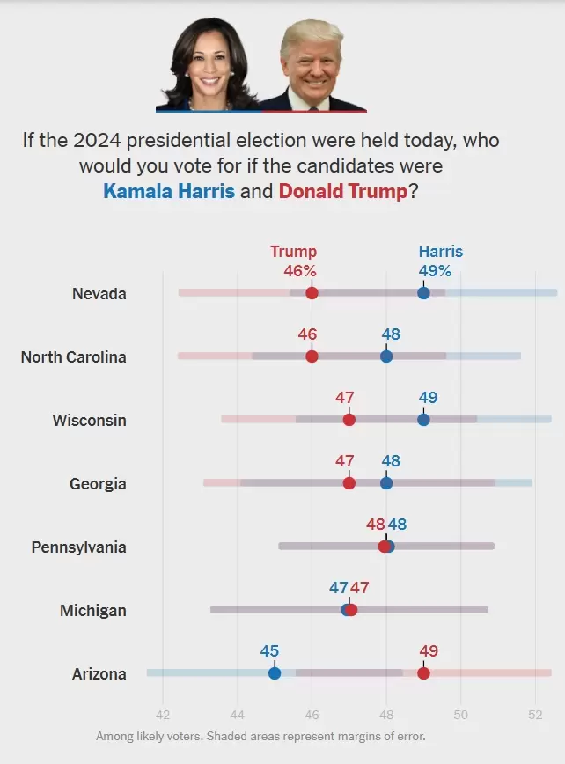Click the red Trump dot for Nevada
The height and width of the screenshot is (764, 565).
pyautogui.click(x=312, y=293)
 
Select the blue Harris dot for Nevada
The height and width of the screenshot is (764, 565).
pyautogui.click(x=423, y=293)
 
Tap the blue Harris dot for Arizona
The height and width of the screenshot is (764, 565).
pyautogui.click(x=275, y=672)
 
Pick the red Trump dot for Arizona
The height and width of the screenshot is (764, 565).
pyautogui.click(x=423, y=672)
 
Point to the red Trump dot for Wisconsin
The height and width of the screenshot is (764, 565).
pyautogui.click(x=349, y=420)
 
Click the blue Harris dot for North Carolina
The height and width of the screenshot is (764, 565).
pyautogui.click(x=386, y=356)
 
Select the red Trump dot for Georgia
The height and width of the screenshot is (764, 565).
pyautogui.click(x=349, y=483)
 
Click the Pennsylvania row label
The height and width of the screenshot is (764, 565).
pyautogui.click(x=79, y=547)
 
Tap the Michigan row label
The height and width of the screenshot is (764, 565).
pyautogui.click(x=93, y=611)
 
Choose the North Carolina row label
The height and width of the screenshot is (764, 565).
pyautogui.click(x=74, y=356)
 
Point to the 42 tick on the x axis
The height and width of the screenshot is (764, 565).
pyautogui.click(x=163, y=715)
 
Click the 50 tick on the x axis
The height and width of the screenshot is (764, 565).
pyautogui.click(x=460, y=715)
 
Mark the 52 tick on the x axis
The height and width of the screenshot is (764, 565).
pyautogui.click(x=535, y=715)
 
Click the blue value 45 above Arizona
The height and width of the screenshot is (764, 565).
pyautogui.click(x=269, y=651)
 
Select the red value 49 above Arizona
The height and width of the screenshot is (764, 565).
pyautogui.click(x=429, y=651)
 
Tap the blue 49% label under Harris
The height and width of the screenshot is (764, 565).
pyautogui.click(x=435, y=270)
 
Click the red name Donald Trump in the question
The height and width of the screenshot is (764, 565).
pyautogui.click(x=343, y=190)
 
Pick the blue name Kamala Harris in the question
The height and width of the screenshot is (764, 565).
pyautogui.click(x=169, y=190)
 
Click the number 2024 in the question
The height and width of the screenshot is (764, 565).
pyautogui.click(x=97, y=140)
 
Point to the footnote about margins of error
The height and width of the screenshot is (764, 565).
pyautogui.click(x=260, y=736)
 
